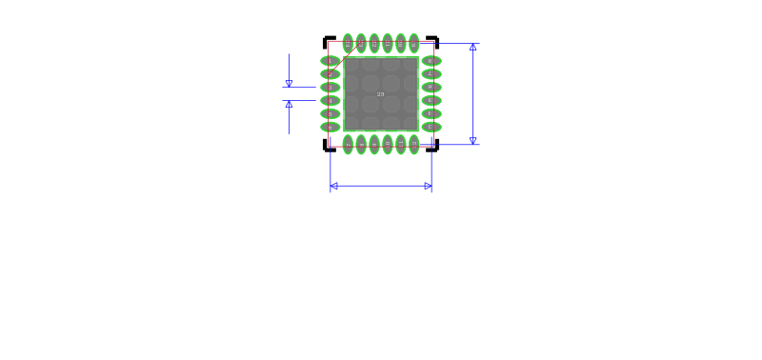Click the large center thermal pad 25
click(381, 93)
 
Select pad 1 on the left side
click(330, 61)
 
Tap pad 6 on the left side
click(330, 127)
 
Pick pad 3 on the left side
click(330, 87)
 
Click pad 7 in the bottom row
click(348, 144)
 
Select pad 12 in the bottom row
click(413, 144)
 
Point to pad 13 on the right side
click(431, 127)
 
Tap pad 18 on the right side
click(431, 61)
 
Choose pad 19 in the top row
click(413, 43)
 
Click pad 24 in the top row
click(348, 43)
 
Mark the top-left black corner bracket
click(328, 40)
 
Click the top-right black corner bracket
click(434, 40)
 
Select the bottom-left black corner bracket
click(328, 148)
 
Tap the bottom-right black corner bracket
click(434, 148)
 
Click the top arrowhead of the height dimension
click(472, 47)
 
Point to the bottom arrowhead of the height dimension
click(472, 140)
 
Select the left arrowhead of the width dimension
click(333, 187)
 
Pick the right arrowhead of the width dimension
click(429, 187)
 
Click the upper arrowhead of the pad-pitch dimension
click(289, 84)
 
